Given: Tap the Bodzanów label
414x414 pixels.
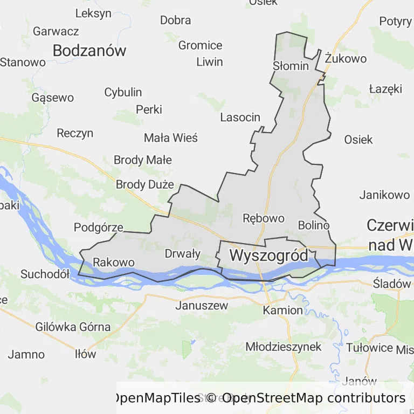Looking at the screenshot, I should pyautogui.click(x=89, y=51).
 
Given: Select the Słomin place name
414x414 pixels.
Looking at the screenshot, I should pyautogui.click(x=291, y=66).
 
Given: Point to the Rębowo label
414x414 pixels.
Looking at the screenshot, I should pyautogui.click(x=264, y=218).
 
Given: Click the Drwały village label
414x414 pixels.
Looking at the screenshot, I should pyautogui.click(x=182, y=253).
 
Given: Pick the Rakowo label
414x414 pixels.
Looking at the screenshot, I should pyautogui.click(x=114, y=263).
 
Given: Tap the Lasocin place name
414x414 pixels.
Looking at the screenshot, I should pyautogui.click(x=240, y=117).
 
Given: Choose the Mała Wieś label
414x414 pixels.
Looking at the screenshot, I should pyautogui.click(x=171, y=138).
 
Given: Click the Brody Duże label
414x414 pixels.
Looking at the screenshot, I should pyautogui.click(x=145, y=184).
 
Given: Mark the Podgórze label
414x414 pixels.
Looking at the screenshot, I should pyautogui.click(x=99, y=227).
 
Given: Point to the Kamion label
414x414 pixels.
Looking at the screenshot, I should pyautogui.click(x=283, y=310).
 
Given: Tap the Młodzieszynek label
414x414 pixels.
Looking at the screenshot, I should pyautogui.click(x=284, y=346).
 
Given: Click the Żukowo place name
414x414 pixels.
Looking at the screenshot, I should pyautogui.click(x=346, y=59).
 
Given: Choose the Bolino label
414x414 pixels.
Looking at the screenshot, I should pyautogui.click(x=313, y=225).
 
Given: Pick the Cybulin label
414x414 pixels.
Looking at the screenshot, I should pyautogui.click(x=123, y=92).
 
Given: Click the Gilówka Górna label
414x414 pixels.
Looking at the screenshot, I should pyautogui.click(x=73, y=327).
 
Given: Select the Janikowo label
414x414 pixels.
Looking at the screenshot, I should pyautogui.click(x=384, y=195).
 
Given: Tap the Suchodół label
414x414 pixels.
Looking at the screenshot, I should pyautogui.click(x=45, y=274).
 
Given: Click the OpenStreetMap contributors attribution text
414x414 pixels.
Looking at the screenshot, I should pyautogui.click(x=314, y=398).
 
